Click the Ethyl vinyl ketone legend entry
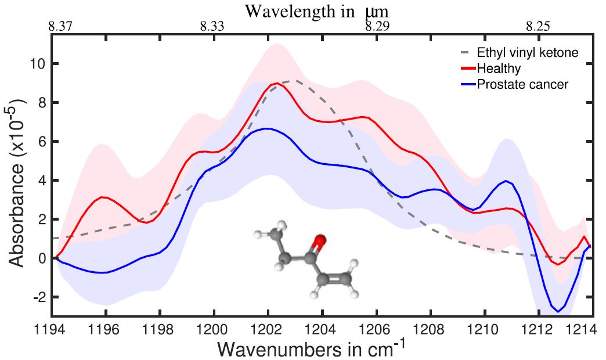(527, 53)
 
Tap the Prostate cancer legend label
(522, 85)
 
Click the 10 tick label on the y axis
(37, 63)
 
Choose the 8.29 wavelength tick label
(378, 26)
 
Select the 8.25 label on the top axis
(538, 26)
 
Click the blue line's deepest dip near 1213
(558, 311)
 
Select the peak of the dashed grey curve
(295, 81)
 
